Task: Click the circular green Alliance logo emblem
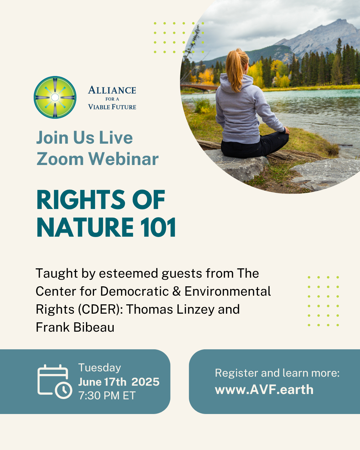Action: coord(55,97)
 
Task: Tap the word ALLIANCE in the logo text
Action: coord(112,90)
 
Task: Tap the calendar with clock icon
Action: coord(54,382)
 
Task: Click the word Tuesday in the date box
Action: coord(100,368)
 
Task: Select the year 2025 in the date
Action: coord(145,382)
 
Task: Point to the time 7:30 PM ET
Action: coord(107,396)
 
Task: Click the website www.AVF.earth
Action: coord(264,390)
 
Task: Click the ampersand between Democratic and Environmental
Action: coord(177,291)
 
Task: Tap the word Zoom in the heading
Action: coord(60,159)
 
